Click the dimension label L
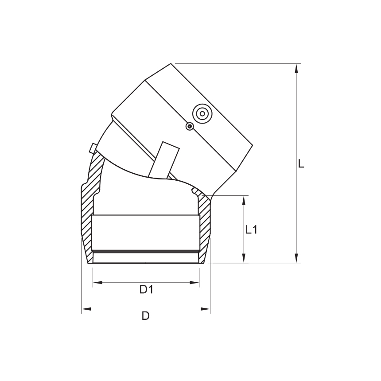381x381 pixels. point(301,164)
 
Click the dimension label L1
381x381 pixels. point(252,229)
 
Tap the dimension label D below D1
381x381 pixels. point(145,316)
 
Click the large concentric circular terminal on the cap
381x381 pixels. point(202,113)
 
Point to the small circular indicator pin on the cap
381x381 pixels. point(190,127)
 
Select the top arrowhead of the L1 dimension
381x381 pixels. point(244,199)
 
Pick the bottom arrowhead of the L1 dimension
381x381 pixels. point(244,259)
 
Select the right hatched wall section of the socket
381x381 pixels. point(205,226)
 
